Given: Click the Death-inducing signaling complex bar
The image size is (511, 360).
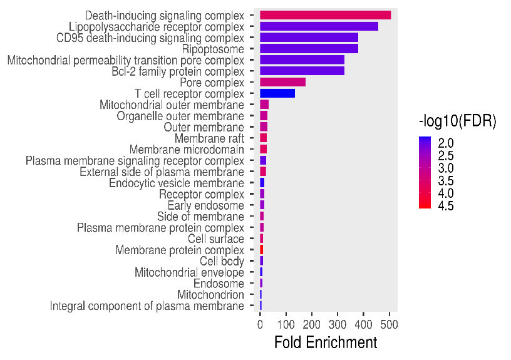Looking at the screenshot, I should click(325, 15).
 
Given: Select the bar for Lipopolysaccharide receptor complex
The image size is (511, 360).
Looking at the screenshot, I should click(319, 26).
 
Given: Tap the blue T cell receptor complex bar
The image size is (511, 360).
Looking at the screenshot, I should click(277, 93).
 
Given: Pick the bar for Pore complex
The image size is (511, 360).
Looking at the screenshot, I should click(282, 82).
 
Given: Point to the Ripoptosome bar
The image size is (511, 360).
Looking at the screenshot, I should click(309, 49).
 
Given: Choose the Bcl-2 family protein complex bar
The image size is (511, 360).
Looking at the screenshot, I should click(302, 71).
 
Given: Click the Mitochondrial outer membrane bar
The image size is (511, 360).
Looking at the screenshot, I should click(264, 105).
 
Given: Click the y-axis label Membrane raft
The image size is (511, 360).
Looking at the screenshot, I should click(209, 138).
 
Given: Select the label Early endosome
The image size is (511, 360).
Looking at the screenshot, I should click(205, 205).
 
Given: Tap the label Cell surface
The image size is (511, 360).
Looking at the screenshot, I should click(215, 239).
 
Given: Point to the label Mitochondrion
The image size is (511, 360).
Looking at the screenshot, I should click(210, 295).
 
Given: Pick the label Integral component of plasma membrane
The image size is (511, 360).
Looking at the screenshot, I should click(147, 306).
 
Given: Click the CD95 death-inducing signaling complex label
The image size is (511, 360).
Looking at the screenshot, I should click(150, 38).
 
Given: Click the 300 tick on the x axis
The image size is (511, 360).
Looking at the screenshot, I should click(338, 324).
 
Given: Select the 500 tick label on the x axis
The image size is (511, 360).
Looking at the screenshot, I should click(390, 324).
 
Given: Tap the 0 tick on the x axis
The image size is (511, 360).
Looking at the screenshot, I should click(260, 324).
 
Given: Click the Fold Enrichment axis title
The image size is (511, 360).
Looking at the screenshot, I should click(326, 342).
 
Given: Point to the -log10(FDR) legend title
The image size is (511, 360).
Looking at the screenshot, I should click(457, 123).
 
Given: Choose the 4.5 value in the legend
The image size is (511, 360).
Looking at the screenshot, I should click(446, 205).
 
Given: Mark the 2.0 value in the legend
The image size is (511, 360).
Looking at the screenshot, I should click(446, 143).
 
